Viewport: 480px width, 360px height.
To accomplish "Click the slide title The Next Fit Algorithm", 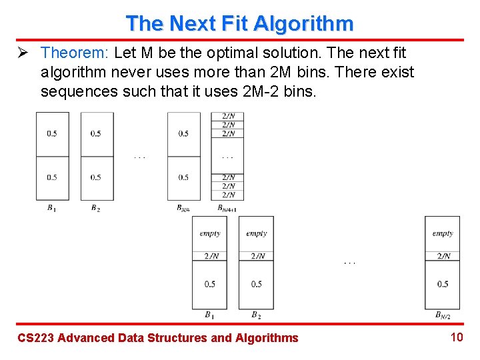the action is coord(239,23).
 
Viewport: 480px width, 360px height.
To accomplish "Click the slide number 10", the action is coord(456,337).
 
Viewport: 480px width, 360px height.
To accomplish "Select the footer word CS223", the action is coord(35,338).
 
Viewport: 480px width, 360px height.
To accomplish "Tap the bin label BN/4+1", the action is coord(227,209).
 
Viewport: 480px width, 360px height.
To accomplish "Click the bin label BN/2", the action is coord(443,315).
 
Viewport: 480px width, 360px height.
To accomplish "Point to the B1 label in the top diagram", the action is coord(51,208).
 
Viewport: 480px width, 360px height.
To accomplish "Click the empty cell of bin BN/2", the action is coord(443,233).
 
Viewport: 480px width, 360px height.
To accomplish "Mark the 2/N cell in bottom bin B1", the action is coord(209,256).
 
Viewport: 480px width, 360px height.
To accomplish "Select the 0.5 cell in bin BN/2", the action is coord(443,284).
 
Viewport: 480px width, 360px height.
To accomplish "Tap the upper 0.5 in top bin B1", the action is coord(52,133).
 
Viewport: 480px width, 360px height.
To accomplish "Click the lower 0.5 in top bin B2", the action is coord(96,177).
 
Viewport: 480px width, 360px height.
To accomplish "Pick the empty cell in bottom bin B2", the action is coord(256,233).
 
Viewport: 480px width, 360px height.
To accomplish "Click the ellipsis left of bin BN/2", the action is coord(349,263).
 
